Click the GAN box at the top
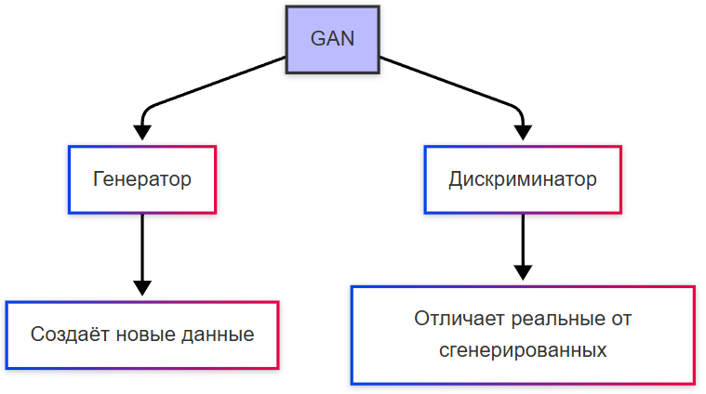coord(332,40)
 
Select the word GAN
coord(332,40)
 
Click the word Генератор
coord(142,179)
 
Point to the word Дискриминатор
coord(523,179)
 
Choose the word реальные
coord(552,319)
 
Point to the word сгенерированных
coord(523,350)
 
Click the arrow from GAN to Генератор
coord(214,84)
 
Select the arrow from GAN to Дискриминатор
coord(451,84)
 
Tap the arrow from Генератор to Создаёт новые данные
coord(142,246)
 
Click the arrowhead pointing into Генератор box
coord(142,134)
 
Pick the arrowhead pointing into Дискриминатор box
coord(523,134)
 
